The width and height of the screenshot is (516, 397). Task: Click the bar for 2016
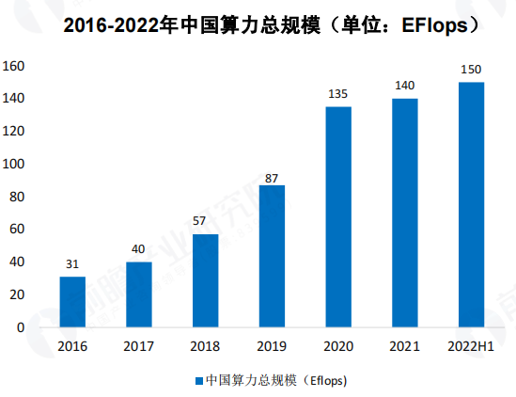click(x=72, y=302)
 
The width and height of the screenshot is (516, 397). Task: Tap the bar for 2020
click(x=338, y=217)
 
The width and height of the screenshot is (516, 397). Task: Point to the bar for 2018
click(x=205, y=280)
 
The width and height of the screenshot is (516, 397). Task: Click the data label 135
click(x=338, y=95)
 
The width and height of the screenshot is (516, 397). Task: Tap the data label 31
click(x=72, y=265)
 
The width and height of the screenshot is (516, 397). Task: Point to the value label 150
click(x=471, y=71)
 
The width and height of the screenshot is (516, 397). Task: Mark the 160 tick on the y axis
click(x=14, y=66)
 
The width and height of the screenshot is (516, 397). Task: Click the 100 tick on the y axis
click(x=14, y=164)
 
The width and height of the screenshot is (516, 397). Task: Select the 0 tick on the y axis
click(x=20, y=327)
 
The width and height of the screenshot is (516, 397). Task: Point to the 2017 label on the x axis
click(x=139, y=346)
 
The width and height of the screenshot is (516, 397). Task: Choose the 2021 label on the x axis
click(x=405, y=346)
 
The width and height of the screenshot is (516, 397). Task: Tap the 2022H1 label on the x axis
click(x=471, y=346)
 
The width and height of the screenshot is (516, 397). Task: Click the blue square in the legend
click(x=198, y=380)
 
